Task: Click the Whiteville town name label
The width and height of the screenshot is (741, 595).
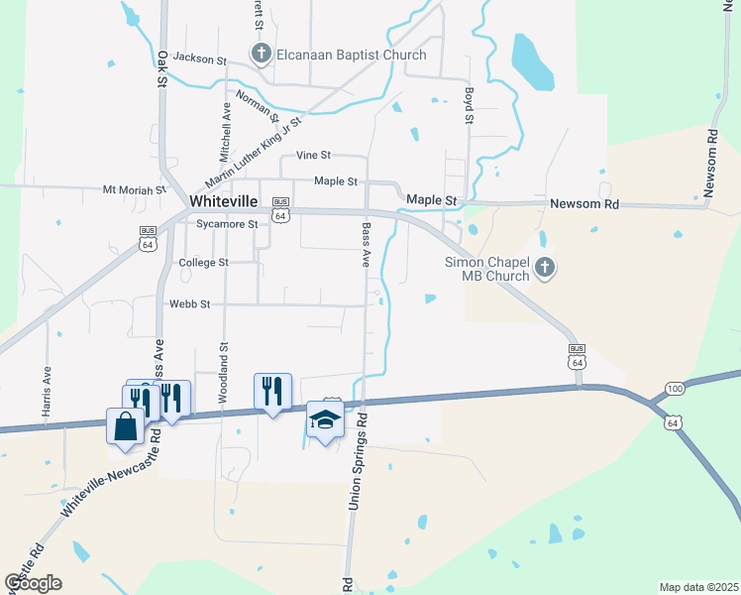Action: (224, 200)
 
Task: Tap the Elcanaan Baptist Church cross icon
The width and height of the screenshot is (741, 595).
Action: (261, 54)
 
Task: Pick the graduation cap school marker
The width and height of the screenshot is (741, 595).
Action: (324, 420)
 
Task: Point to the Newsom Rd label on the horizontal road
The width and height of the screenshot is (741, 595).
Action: (584, 203)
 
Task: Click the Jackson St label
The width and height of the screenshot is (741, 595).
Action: (200, 59)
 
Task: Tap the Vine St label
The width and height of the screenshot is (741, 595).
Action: (313, 156)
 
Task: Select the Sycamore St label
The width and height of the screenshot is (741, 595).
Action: (227, 224)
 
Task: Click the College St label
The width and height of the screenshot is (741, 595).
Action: (203, 263)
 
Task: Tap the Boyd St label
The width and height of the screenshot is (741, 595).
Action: (468, 106)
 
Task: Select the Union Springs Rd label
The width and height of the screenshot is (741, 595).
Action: (358, 462)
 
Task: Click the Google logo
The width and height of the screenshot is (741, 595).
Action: (33, 583)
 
